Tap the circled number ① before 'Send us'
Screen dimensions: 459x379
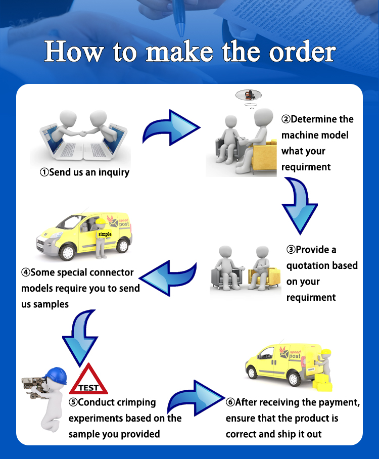click(x=44, y=172)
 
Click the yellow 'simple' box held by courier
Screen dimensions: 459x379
click(x=105, y=235)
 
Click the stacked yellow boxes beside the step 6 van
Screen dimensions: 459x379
click(x=322, y=383)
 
